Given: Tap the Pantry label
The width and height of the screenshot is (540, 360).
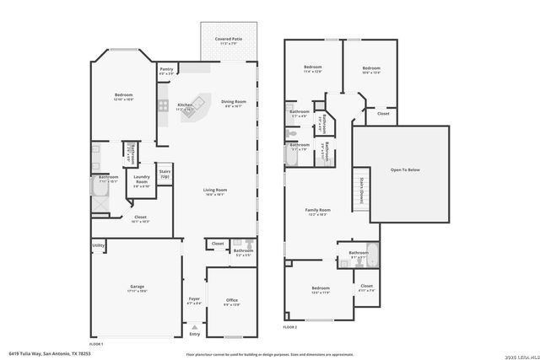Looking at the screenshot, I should coord(166,70).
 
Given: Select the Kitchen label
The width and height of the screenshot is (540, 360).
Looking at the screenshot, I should coord(185,105).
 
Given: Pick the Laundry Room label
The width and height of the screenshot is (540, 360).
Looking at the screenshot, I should coord(141,182).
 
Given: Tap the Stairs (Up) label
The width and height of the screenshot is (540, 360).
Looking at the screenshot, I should coord(165,174).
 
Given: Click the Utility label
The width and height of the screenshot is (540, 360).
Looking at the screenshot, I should coord(98,245).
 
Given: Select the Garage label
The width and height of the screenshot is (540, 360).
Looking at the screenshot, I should coord(138,287).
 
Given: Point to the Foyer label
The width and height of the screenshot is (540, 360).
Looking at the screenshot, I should coord(194,299).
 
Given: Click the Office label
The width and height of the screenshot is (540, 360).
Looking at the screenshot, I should coord(231,300).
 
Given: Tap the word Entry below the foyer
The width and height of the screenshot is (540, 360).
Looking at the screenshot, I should coord(195,334).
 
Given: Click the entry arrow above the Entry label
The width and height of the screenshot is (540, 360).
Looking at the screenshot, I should coord(195,326).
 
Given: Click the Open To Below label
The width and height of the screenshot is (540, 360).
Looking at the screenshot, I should coord(404,169).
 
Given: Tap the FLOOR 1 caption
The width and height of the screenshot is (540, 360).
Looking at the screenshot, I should coord(96,344).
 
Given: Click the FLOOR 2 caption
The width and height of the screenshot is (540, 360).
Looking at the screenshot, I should coord(290,325).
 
